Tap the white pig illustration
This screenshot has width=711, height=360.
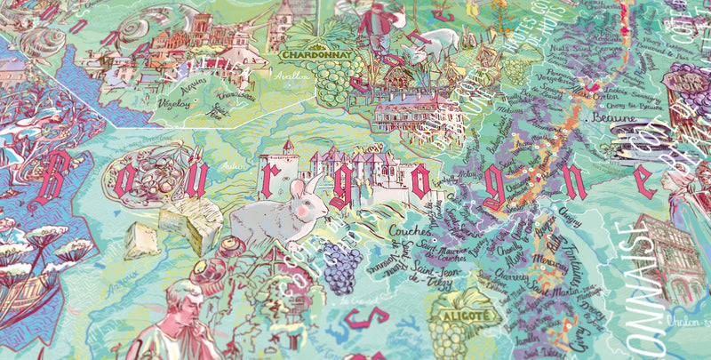(437, 41)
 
